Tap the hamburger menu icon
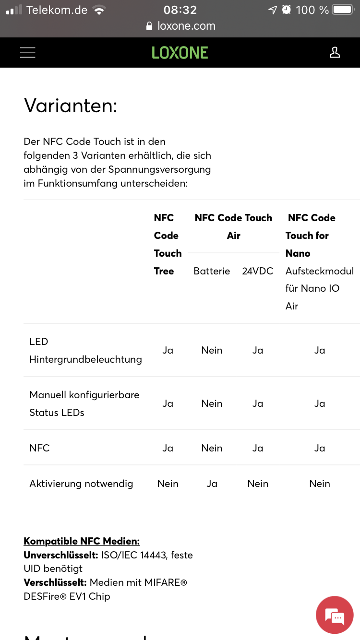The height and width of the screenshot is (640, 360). pos(28,53)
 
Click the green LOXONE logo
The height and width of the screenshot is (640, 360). pos(180,53)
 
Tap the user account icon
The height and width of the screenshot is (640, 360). pos(335,53)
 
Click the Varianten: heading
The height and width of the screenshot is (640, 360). pos(71,106)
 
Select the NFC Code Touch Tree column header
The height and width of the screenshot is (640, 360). pos(168,244)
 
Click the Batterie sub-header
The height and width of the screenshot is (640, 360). pos(212,271)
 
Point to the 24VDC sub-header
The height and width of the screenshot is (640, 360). pos(258,271)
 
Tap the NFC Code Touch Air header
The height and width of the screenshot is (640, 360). pos(233,226)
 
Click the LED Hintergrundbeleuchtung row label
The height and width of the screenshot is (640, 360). pos(85,350)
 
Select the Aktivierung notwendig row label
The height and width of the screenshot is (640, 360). pos(81,484)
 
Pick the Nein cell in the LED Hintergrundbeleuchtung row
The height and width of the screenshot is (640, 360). pos(212,350)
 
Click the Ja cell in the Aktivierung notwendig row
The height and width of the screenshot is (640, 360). pos(212,484)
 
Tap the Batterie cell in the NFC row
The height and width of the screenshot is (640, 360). pos(212,448)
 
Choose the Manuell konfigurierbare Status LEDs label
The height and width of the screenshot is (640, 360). pos(84,403)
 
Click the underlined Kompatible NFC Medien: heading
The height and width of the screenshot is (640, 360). pos(82,541)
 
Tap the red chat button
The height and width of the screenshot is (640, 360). pos(335,615)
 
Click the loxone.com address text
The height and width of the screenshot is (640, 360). pos(186,26)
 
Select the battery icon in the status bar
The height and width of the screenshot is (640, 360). pos(342,10)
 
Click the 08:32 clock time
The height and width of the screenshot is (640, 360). pos(180,10)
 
